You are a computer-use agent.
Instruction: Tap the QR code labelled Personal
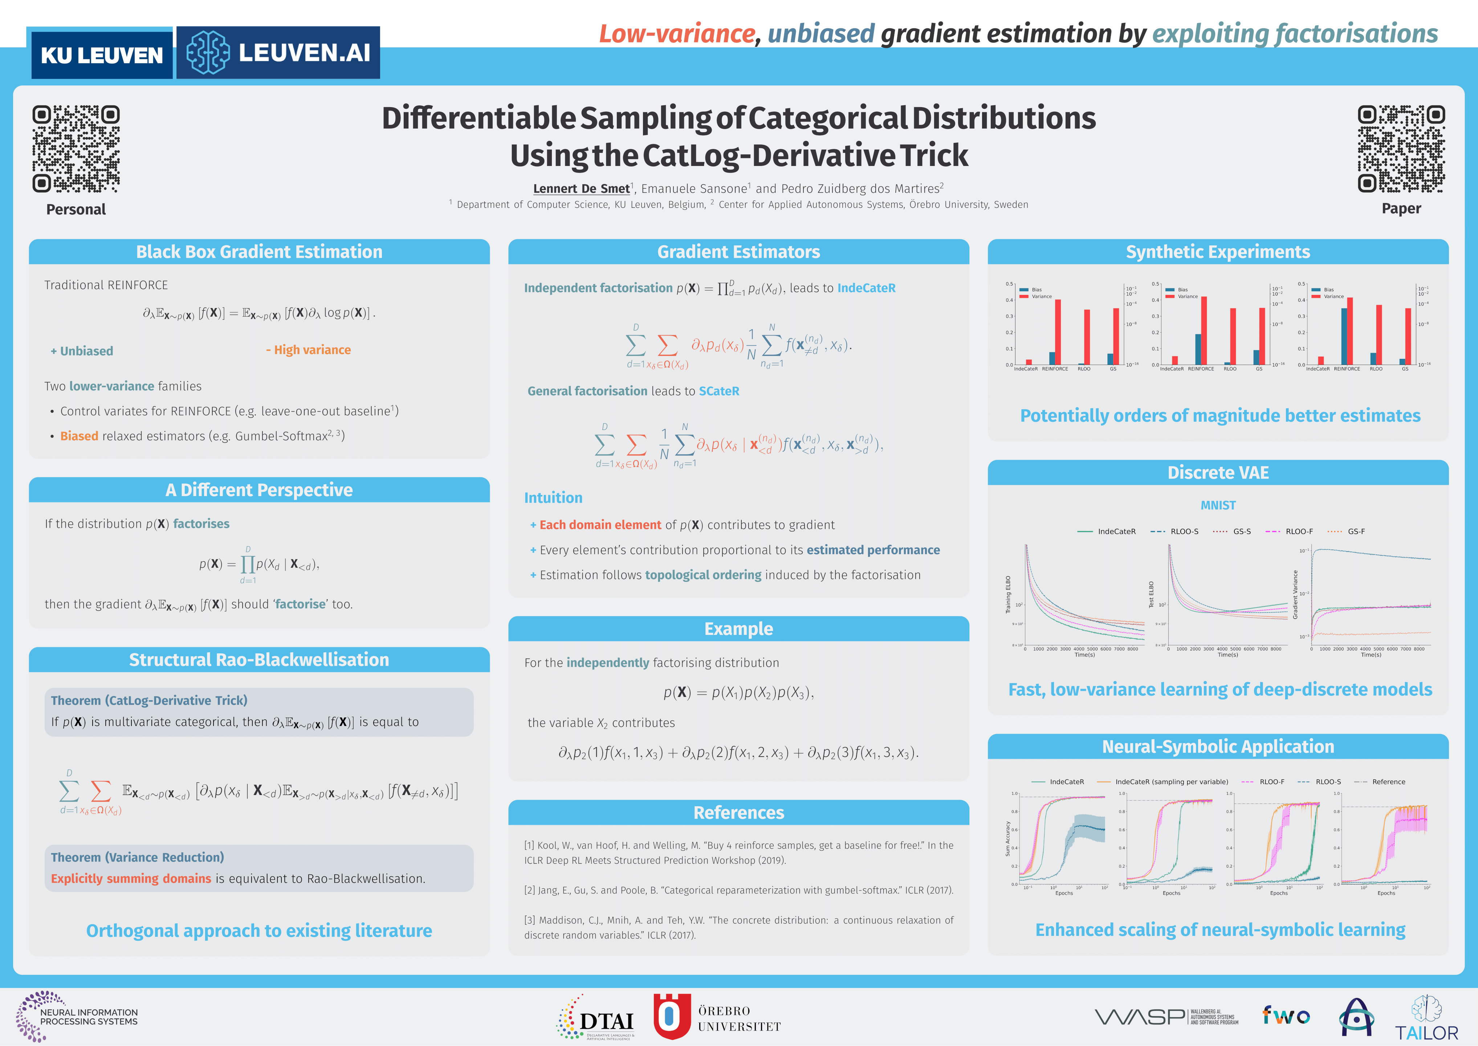76,149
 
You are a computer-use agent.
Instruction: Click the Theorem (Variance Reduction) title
137,857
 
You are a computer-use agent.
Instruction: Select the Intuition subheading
553,498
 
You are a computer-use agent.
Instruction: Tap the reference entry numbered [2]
738,890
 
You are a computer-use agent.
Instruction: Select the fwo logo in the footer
1286,1016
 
